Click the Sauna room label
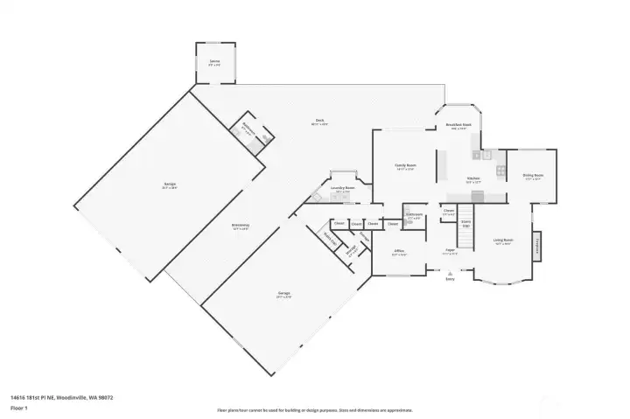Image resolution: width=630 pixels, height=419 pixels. (x=214, y=64)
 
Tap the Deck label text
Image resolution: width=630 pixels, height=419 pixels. (x=319, y=122)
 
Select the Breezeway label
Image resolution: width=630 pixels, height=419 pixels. (x=241, y=227)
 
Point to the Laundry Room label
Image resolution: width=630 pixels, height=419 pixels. (x=342, y=189)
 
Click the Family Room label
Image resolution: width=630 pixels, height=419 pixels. (x=405, y=166)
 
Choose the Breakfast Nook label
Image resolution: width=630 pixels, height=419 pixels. (x=458, y=126)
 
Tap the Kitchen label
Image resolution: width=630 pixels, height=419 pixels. (x=473, y=179)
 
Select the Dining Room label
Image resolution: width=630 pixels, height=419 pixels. (x=534, y=177)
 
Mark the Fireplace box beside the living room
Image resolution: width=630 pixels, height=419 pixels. (x=536, y=246)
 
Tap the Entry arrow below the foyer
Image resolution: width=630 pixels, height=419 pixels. (x=450, y=272)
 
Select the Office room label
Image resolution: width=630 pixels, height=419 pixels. (x=399, y=252)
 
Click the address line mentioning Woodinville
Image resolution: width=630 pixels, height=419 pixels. (x=62, y=397)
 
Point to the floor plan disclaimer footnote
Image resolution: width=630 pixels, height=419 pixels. (x=314, y=410)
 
